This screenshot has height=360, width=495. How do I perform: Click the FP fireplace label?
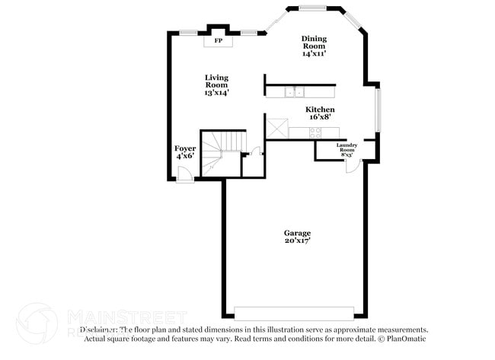pos(219,40)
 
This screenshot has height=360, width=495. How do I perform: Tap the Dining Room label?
pos(313,40)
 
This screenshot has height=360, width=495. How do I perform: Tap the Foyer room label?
pos(185,148)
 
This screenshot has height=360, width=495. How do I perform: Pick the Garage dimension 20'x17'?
pos(297,241)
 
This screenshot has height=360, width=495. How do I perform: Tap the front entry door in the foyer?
pos(183,177)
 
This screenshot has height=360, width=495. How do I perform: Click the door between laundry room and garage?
pos(352,165)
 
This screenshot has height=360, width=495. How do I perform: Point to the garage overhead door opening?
pos(294,313)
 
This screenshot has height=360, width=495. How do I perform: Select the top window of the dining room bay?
pos(312,8)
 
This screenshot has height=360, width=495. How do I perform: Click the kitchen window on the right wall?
pos(378,110)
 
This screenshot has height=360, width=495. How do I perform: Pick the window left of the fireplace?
pos(189,31)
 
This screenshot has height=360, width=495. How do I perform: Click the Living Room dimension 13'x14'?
pos(216,92)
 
